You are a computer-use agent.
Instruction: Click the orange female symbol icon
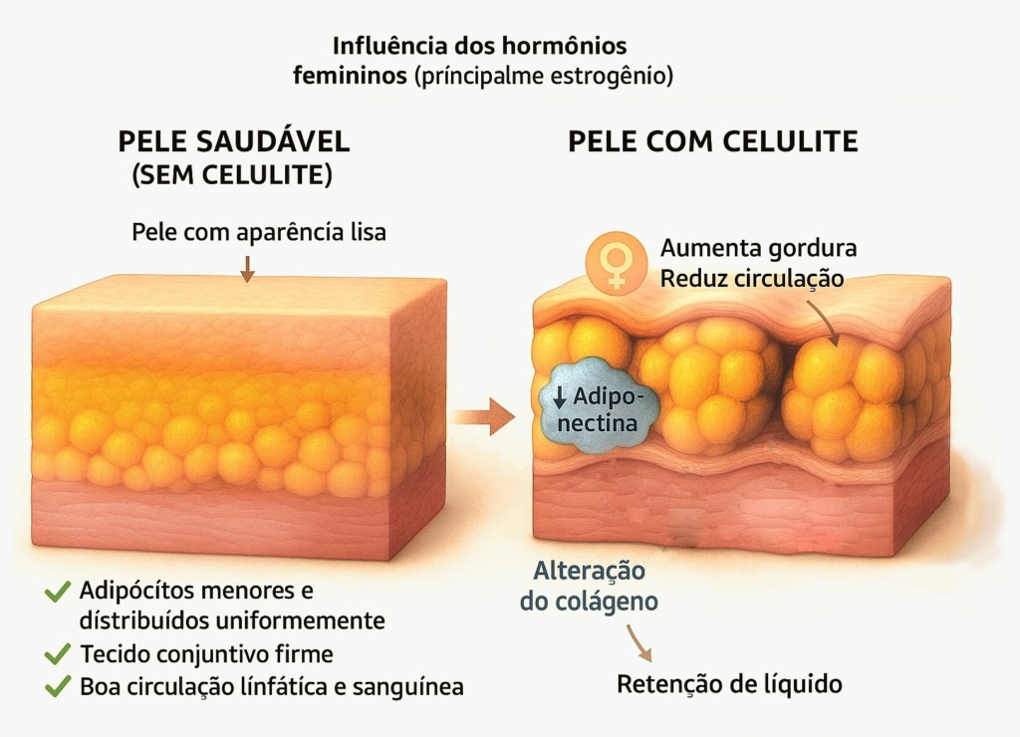tap(616, 264)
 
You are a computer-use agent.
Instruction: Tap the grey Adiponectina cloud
tap(599, 406)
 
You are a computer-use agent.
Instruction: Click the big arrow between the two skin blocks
tap(484, 416)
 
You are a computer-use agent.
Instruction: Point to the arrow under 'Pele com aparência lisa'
tap(247, 269)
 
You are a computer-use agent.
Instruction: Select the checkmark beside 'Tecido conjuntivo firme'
tap(57, 653)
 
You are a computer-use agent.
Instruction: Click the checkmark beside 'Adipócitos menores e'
tap(57, 592)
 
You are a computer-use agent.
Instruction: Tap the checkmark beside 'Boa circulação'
tap(57, 686)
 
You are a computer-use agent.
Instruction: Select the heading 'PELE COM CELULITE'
tap(713, 141)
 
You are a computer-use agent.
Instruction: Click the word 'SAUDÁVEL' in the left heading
tap(273, 141)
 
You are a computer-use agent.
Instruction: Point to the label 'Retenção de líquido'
tap(729, 684)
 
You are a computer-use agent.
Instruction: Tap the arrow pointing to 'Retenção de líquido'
tap(638, 642)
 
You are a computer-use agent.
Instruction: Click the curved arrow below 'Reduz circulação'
tap(822, 322)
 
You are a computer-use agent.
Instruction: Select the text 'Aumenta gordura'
tap(758, 248)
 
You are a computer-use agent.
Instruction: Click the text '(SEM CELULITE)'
tap(232, 175)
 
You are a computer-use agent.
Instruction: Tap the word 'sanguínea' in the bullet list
tap(407, 687)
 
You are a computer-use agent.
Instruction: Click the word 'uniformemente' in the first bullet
tap(300, 620)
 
